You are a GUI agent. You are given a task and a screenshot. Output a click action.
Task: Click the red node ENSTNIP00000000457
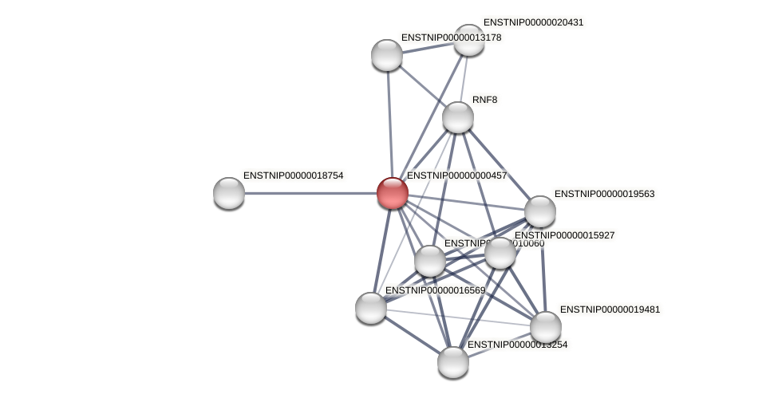(392, 193)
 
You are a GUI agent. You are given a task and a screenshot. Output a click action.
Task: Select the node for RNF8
(457, 117)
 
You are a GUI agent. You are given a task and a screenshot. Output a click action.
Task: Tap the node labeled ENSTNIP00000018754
(229, 193)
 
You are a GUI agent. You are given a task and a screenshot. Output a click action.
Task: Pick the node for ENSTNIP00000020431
(468, 40)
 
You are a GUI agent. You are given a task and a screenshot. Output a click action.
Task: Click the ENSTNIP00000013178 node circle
(387, 55)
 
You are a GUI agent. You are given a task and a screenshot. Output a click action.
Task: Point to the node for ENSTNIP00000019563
(539, 211)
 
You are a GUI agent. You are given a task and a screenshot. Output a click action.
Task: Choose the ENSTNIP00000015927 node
(500, 253)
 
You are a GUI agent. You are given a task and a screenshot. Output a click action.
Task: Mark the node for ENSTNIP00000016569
(371, 308)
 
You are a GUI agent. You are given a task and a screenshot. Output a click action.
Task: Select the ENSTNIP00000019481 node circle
(546, 326)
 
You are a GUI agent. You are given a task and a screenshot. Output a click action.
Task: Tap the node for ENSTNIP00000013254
(452, 362)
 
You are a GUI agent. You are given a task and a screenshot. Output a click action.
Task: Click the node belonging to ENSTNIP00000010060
(429, 261)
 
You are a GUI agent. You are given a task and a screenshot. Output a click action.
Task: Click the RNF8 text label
(484, 100)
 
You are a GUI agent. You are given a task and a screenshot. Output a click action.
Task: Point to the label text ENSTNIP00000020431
(533, 22)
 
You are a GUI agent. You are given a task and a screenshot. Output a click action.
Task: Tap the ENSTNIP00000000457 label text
(456, 175)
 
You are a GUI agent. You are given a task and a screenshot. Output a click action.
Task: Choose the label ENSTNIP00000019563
(604, 194)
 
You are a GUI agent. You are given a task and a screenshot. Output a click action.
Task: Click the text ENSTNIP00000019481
(610, 309)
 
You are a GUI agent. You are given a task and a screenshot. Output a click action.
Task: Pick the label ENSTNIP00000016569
(435, 290)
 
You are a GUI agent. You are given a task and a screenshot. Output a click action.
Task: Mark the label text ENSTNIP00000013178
(451, 37)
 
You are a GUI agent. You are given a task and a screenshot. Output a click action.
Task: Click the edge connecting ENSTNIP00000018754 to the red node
(310, 193)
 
